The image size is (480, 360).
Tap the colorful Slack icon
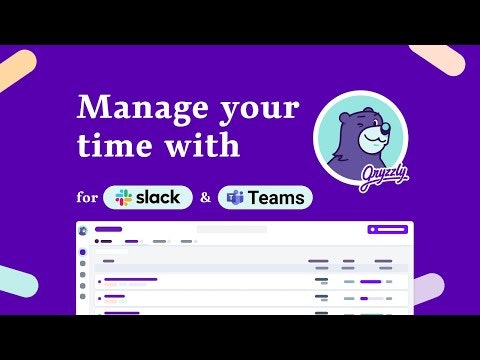pyautogui.click(x=125, y=197)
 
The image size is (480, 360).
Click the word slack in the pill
pyautogui.click(x=159, y=197)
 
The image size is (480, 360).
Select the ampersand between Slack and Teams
pyautogui.click(x=205, y=197)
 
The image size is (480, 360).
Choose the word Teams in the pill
pyautogui.click(x=277, y=197)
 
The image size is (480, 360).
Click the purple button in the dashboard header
pyautogui.click(x=388, y=229)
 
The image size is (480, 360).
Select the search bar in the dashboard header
pyautogui.click(x=231, y=229)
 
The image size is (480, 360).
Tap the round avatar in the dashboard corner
pyautogui.click(x=83, y=230)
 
